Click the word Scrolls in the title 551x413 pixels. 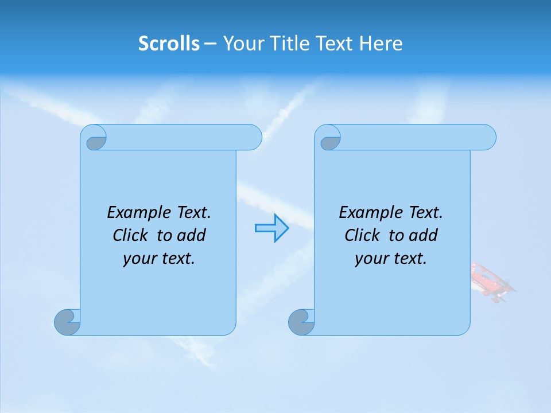[x=169, y=44]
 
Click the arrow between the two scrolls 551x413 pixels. [x=271, y=228]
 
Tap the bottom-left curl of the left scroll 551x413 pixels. [x=68, y=322]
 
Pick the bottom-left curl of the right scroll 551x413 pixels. [x=301, y=322]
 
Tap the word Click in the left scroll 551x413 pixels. [x=130, y=235]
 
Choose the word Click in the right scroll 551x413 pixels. [x=362, y=235]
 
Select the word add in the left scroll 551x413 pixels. [x=192, y=235]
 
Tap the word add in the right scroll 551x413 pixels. [x=424, y=235]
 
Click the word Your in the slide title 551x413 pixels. [x=242, y=44]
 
